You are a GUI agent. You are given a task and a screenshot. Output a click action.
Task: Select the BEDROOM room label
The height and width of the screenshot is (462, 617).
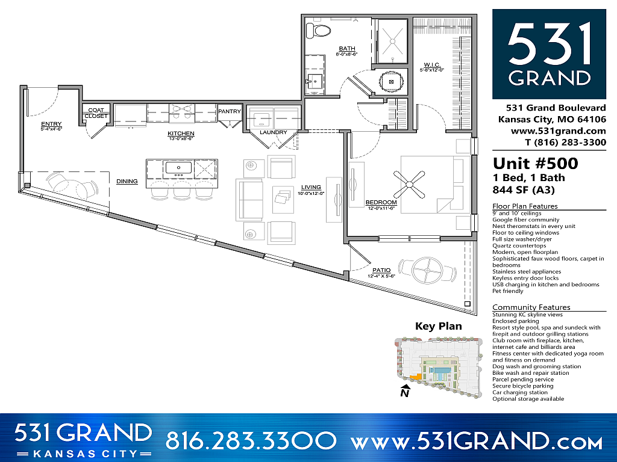click(381, 202)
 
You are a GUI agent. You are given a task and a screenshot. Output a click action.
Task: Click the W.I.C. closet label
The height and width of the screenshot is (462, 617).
click(432, 64)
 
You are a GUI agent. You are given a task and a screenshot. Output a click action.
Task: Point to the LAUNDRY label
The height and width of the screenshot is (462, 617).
click(272, 132)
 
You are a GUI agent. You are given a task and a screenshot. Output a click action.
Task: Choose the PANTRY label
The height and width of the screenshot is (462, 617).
click(230, 111)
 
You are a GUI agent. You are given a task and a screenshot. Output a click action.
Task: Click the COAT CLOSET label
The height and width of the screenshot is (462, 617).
click(96, 113)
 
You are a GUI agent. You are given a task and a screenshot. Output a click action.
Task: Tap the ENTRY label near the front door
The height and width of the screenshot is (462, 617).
click(51, 124)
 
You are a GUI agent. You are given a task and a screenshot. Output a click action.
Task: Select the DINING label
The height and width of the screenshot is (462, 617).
click(127, 181)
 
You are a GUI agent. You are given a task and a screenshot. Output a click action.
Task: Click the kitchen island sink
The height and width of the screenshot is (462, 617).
click(178, 167)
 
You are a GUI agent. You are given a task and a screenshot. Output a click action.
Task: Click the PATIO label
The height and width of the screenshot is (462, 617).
click(381, 269)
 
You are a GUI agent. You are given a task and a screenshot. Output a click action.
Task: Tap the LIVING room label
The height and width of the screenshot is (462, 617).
click(312, 188)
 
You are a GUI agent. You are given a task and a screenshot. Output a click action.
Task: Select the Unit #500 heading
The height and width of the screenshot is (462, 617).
click(535, 164)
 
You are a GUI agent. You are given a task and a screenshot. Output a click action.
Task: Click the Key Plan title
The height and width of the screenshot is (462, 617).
click(438, 327)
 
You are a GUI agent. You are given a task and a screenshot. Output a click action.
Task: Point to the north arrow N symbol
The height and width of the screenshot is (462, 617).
click(405, 393)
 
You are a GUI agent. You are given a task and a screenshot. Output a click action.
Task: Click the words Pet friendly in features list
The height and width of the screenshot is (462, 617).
click(508, 291)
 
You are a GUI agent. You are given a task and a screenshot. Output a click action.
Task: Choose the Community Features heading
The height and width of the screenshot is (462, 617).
click(531, 307)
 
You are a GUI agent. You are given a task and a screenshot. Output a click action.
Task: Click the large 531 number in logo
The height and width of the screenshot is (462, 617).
click(549, 45)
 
